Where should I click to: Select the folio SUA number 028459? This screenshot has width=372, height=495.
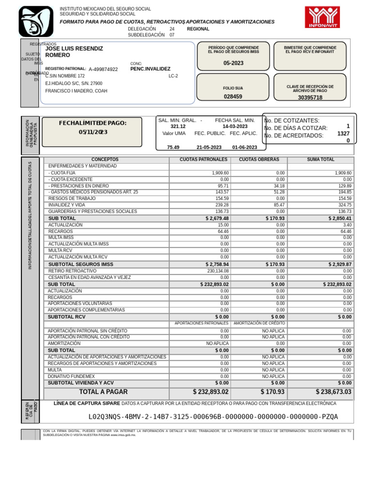pyautogui.click(x=233, y=97)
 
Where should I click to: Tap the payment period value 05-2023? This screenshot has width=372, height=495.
pyautogui.click(x=233, y=63)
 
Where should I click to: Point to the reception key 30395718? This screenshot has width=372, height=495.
pyautogui.click(x=310, y=98)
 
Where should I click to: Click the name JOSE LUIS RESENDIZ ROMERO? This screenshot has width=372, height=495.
pyautogui.click(x=74, y=52)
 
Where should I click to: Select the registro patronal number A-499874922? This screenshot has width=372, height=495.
pyautogui.click(x=103, y=70)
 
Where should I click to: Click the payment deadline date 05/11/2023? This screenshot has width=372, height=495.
pyautogui.click(x=93, y=132)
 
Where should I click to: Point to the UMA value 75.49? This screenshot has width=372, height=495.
pyautogui.click(x=173, y=147)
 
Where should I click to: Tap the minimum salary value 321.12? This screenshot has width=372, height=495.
pyautogui.click(x=178, y=126)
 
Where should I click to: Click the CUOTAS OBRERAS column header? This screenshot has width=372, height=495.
pyautogui.click(x=259, y=160)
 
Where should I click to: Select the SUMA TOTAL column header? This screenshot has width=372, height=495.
pyautogui.click(x=321, y=160)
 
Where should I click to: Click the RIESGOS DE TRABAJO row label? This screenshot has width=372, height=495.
pyautogui.click(x=72, y=199)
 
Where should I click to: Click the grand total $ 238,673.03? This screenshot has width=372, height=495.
pyautogui.click(x=333, y=392)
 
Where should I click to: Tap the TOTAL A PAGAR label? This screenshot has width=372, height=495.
pyautogui.click(x=104, y=392)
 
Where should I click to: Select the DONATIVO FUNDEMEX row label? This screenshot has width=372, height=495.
pyautogui.click(x=71, y=376)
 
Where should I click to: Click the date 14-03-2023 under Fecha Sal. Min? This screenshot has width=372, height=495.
pyautogui.click(x=235, y=126)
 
